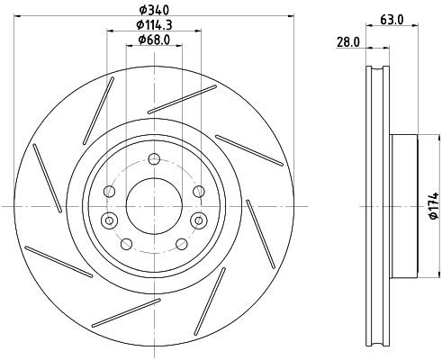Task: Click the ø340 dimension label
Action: click(x=154, y=10)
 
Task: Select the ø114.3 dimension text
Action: click(x=154, y=24)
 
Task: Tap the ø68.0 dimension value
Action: click(x=154, y=40)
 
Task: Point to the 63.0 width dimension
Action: click(x=392, y=20)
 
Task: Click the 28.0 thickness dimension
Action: click(x=348, y=42)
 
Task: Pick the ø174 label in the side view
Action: click(x=434, y=206)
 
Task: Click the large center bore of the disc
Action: click(x=154, y=206)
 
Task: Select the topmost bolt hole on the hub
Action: click(x=154, y=158)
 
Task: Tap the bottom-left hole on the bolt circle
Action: click(x=126, y=244)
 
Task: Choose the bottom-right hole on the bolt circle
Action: click(x=182, y=244)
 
